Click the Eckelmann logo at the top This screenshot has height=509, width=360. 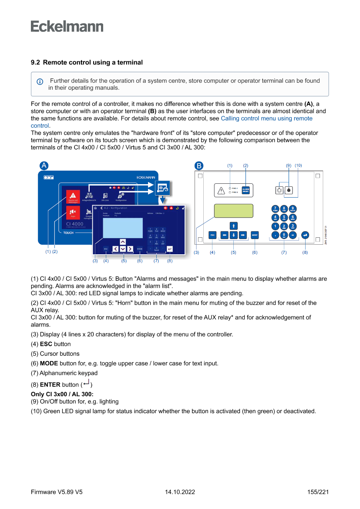tap(67, 26)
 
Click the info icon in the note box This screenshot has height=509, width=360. tap(40, 81)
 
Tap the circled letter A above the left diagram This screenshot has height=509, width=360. tap(44, 165)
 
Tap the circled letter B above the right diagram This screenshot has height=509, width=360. tap(199, 165)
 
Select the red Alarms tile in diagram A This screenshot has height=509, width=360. tap(73, 197)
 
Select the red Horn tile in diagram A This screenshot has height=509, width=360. tap(73, 213)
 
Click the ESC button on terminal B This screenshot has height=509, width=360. tap(212, 235)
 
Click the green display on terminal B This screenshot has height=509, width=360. tap(233, 210)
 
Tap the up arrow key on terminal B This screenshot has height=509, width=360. tap(233, 226)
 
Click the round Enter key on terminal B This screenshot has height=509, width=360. tap(305, 235)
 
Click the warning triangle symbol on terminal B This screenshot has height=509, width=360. tap(221, 190)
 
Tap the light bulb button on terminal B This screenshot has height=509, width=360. tap(279, 190)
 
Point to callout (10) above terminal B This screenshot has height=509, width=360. tap(298, 165)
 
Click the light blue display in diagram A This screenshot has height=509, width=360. tap(123, 227)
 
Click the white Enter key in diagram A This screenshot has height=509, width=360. tap(169, 249)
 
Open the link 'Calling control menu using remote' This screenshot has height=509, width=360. tap(266, 118)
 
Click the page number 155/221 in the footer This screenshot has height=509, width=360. tap(318, 492)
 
